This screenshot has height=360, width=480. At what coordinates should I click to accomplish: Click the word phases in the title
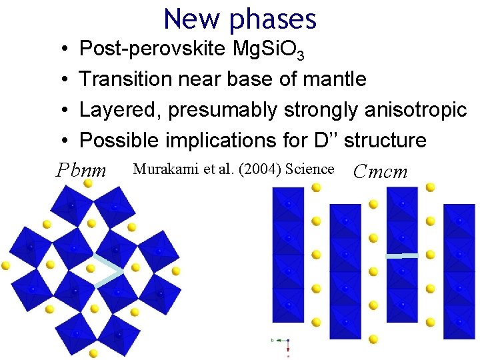(x=273, y=20)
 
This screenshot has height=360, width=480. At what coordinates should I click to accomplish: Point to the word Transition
(x=125, y=79)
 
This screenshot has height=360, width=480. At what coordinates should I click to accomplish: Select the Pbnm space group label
(x=81, y=171)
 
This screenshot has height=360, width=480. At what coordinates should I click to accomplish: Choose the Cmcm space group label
(x=380, y=171)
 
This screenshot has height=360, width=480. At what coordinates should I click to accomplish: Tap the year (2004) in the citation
(x=259, y=169)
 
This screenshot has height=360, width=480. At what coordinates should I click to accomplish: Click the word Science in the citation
(x=309, y=169)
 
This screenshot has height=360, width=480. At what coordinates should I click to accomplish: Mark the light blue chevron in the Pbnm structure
(x=108, y=272)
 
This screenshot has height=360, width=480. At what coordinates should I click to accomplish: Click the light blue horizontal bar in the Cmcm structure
(x=402, y=255)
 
